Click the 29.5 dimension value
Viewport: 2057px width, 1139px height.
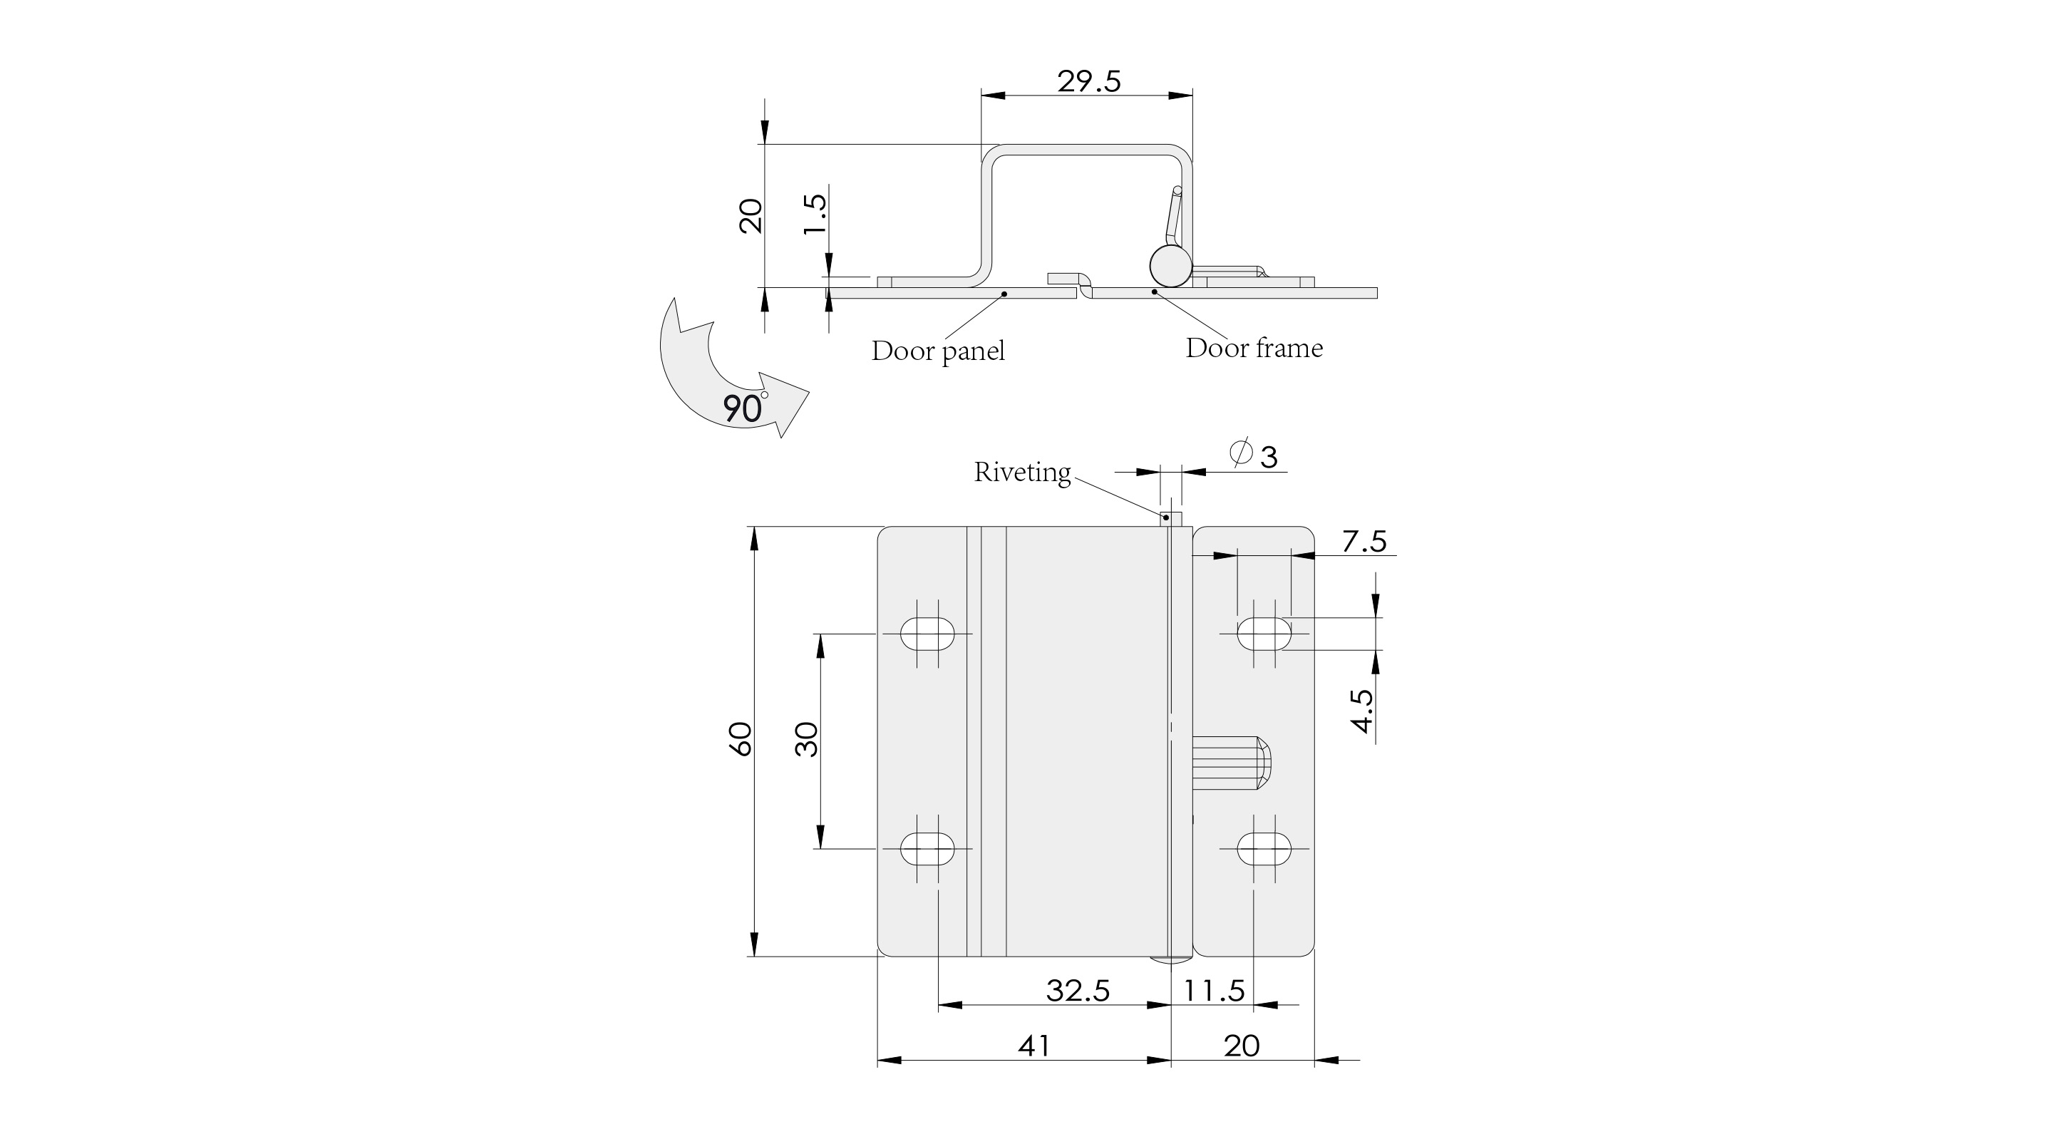pyautogui.click(x=1088, y=81)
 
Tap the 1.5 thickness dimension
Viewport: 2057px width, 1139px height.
pyautogui.click(x=815, y=214)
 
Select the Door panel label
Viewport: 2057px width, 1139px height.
pyautogui.click(x=937, y=351)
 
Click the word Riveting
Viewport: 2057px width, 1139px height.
pyautogui.click(x=1022, y=472)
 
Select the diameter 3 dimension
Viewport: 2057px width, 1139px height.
pyautogui.click(x=1254, y=455)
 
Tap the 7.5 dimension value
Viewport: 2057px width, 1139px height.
pyautogui.click(x=1364, y=542)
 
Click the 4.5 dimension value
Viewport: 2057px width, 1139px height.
pyautogui.click(x=1361, y=710)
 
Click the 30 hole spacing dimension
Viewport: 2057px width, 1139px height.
pyautogui.click(x=808, y=739)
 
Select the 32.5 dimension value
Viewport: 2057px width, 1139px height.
pyautogui.click(x=1078, y=991)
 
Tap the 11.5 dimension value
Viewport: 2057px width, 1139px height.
pyautogui.click(x=1214, y=991)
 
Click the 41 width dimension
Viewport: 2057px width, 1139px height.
pyautogui.click(x=1034, y=1046)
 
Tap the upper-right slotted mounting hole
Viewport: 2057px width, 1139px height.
pyautogui.click(x=1264, y=634)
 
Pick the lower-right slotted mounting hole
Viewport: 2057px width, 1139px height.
pyautogui.click(x=1264, y=848)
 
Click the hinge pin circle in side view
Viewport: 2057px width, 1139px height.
pyautogui.click(x=1170, y=266)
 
